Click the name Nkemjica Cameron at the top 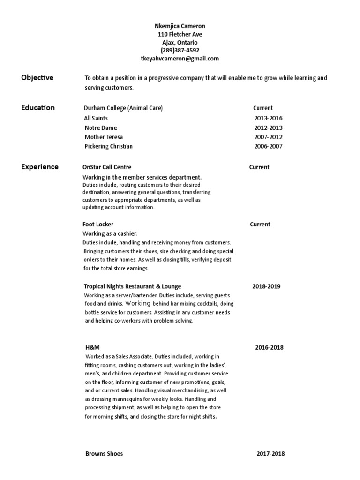pyautogui.click(x=180, y=27)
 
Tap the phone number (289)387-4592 pyautogui.click(x=180, y=51)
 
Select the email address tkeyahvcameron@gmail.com pyautogui.click(x=180, y=59)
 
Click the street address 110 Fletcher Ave pyautogui.click(x=180, y=35)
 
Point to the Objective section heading pyautogui.click(x=37, y=78)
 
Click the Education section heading pyautogui.click(x=38, y=108)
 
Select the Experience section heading pyautogui.click(x=40, y=167)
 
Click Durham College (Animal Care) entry pyautogui.click(x=123, y=108)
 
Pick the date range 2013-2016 pyautogui.click(x=268, y=118)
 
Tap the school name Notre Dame pyautogui.click(x=101, y=127)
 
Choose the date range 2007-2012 pyautogui.click(x=268, y=137)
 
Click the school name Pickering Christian pyautogui.click(x=109, y=146)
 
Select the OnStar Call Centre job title pyautogui.click(x=107, y=167)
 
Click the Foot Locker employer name pyautogui.click(x=98, y=225)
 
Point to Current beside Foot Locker pyautogui.click(x=260, y=225)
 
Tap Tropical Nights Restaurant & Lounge pyautogui.click(x=132, y=286)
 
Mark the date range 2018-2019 pyautogui.click(x=266, y=286)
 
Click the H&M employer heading pyautogui.click(x=92, y=348)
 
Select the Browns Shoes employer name pyautogui.click(x=104, y=454)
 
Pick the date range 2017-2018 pyautogui.click(x=270, y=454)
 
